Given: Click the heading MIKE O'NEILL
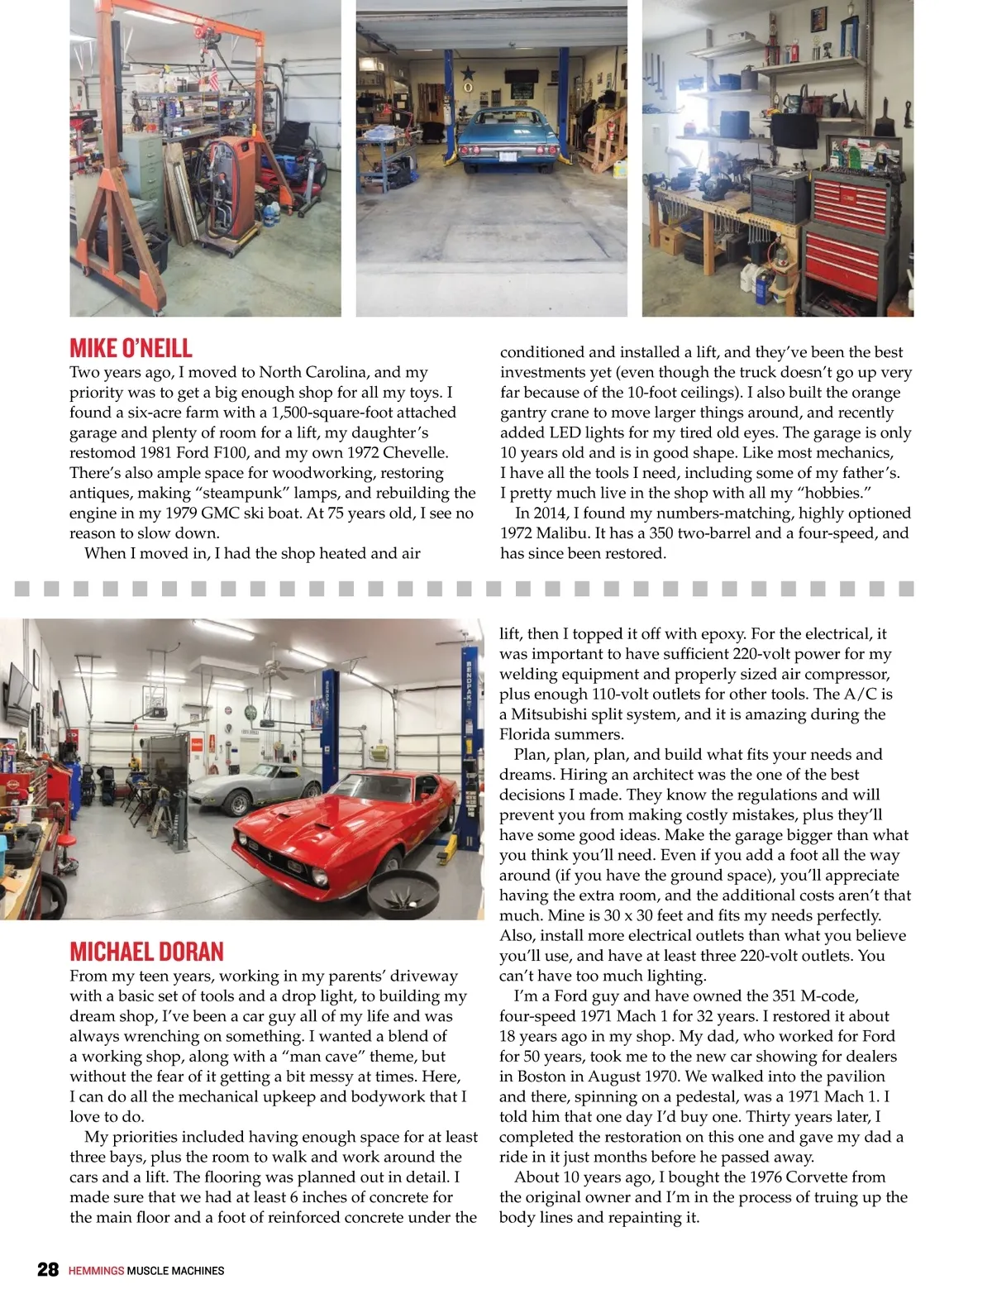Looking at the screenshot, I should point(131,347).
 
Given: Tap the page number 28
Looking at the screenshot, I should point(48,1270).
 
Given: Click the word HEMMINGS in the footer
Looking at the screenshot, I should point(96,1271).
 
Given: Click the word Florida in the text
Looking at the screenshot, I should point(531,734).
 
